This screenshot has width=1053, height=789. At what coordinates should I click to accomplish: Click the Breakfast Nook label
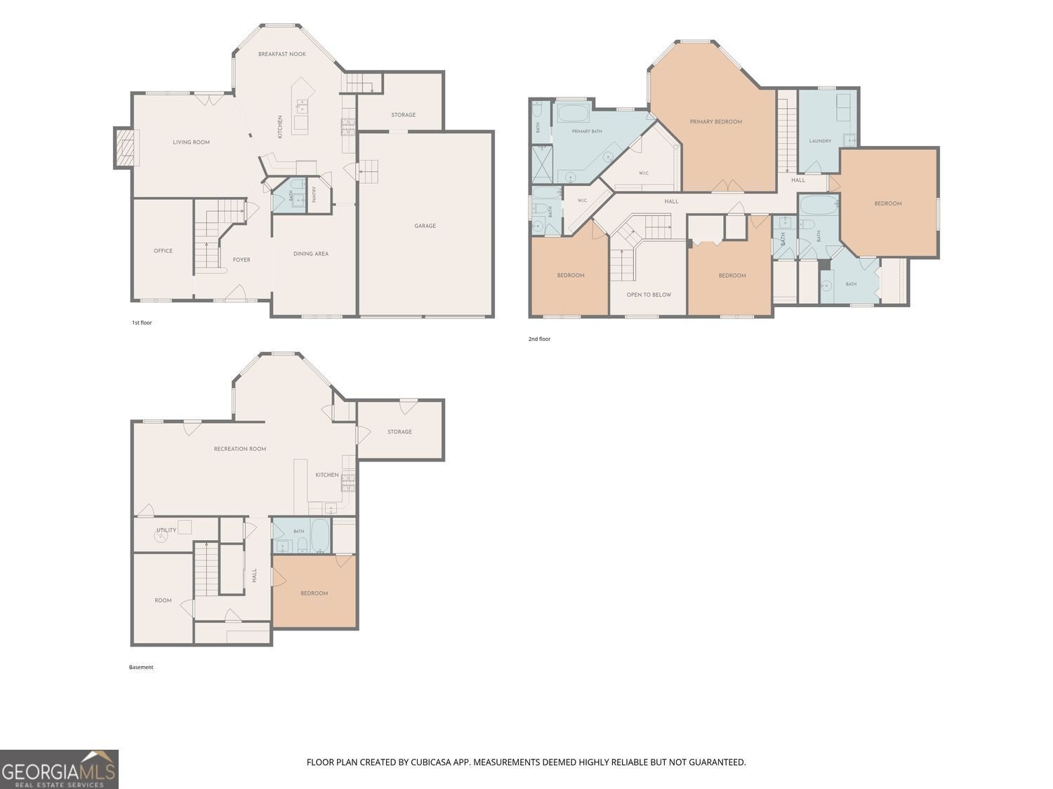tap(282, 54)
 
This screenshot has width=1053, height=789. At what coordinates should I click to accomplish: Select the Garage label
tap(425, 226)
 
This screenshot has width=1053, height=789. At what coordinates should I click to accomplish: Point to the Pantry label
tap(314, 194)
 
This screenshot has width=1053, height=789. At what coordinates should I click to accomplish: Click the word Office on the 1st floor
tap(163, 251)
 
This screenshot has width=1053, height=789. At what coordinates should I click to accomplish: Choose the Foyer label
tap(241, 259)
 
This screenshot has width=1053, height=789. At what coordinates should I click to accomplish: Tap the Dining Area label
tap(311, 254)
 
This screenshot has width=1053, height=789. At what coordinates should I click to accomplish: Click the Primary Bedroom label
tap(716, 121)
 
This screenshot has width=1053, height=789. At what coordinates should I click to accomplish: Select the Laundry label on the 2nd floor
tap(820, 142)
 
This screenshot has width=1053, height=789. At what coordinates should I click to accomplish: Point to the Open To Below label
tap(649, 295)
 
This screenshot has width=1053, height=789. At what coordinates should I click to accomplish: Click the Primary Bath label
tap(587, 131)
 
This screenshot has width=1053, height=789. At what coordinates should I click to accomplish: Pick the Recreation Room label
tap(240, 449)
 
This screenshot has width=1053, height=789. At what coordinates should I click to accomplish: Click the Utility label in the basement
tap(166, 530)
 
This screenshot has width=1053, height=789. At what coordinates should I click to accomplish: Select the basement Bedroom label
tap(314, 593)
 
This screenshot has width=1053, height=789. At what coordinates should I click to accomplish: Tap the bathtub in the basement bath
tap(319, 535)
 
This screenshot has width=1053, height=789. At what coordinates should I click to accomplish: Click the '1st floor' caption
tap(142, 323)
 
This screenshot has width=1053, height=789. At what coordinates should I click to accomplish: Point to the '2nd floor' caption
tap(539, 339)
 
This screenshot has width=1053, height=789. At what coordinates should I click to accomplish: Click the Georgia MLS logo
tap(59, 769)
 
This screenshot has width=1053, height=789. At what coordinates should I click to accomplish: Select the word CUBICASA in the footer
tap(431, 762)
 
